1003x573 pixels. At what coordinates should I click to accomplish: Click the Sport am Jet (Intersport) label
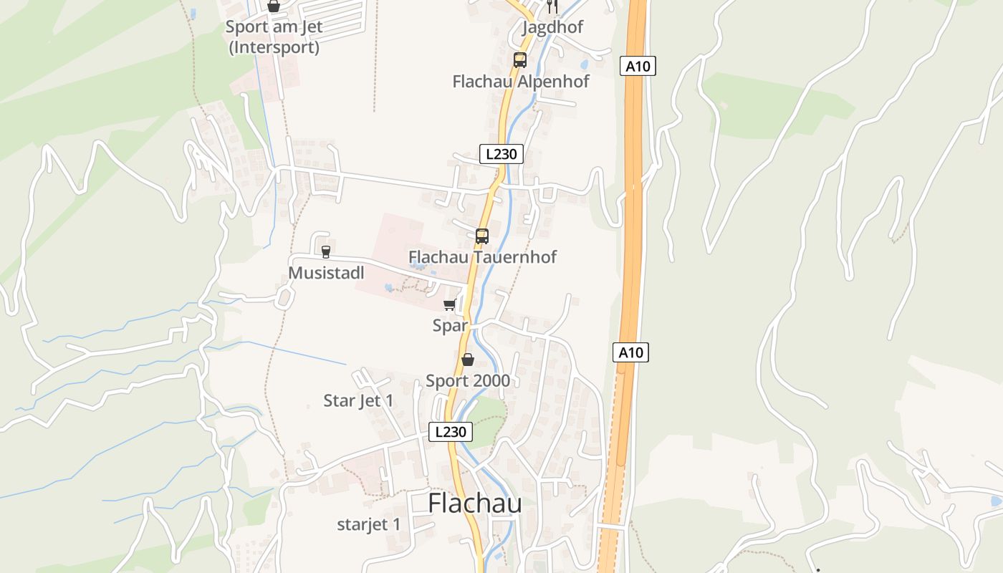pos(274,37)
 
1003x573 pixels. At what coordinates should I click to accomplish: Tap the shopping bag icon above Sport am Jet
pos(274,6)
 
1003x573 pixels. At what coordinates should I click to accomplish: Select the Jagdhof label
pos(552,27)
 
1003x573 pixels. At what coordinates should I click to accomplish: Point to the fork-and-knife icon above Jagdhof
pos(552,6)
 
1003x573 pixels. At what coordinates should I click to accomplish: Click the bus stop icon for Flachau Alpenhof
pos(520,60)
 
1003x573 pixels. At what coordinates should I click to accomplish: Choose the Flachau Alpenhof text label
pos(521,81)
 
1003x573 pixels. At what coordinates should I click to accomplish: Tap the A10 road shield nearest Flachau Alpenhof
pos(638,67)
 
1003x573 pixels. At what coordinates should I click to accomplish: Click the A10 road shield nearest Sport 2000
pos(631,352)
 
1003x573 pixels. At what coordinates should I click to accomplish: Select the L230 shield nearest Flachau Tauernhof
pos(501,154)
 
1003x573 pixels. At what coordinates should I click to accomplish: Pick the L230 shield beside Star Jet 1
pos(451,432)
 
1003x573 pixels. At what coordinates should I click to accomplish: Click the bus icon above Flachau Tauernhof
pos(482,236)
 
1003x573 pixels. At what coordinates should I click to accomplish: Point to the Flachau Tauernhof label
pos(482,256)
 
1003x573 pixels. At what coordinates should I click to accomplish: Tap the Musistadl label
pos(326,273)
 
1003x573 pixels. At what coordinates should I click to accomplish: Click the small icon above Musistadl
pos(326,251)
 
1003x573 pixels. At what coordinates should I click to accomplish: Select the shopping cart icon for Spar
pos(450,305)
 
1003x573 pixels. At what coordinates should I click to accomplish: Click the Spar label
pos(450,325)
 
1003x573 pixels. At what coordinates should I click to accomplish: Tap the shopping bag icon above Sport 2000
pos(468,360)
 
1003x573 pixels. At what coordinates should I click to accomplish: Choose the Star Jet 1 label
pos(358,400)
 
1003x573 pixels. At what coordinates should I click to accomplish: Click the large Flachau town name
pos(474,503)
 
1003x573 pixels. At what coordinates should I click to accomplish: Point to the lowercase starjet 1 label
pos(369,524)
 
